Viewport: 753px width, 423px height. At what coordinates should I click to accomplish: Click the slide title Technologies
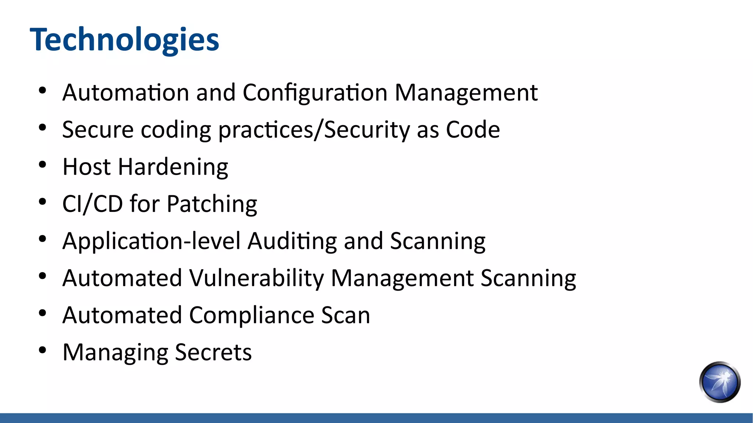(124, 40)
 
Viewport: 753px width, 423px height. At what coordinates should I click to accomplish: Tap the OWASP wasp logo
(720, 382)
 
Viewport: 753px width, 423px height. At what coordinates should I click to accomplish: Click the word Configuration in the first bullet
(315, 93)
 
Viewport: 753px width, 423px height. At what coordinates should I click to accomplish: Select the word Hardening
(173, 167)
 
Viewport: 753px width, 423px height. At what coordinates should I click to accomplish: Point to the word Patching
(212, 204)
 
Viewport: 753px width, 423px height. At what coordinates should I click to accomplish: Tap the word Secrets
(213, 352)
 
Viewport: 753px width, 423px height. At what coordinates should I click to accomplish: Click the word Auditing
(292, 241)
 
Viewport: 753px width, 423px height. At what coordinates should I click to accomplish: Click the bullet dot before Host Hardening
(43, 165)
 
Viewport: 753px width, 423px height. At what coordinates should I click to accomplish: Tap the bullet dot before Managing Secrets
(43, 350)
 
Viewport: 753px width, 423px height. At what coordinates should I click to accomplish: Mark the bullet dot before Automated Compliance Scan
(43, 313)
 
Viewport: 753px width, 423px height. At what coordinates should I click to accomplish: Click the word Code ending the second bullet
(473, 130)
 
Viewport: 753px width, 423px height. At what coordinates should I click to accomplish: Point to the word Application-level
(152, 241)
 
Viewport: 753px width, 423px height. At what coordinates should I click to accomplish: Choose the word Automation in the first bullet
(126, 93)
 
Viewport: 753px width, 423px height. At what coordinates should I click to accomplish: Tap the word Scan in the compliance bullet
(345, 316)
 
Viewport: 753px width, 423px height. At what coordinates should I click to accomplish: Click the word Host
(87, 167)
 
